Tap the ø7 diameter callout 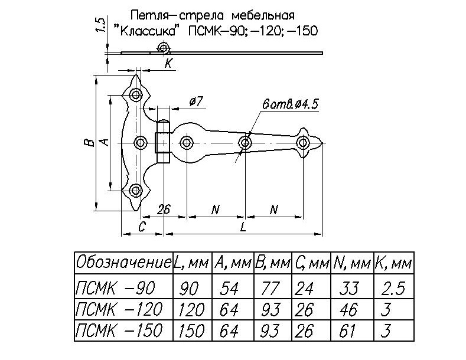[x=195, y=103]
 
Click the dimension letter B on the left [x=86, y=143]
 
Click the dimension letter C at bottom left [x=142, y=227]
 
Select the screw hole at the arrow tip [x=303, y=143]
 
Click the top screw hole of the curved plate [x=136, y=94]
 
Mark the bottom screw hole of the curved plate [x=136, y=190]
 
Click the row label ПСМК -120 [x=115, y=309]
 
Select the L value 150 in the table [x=190, y=329]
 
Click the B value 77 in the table [x=272, y=289]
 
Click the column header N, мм [x=351, y=262]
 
